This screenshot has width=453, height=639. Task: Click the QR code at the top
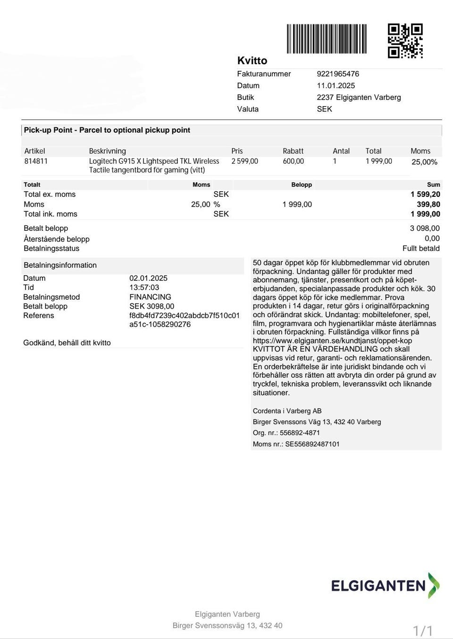pos(405,41)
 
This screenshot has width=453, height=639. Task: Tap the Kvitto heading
pos(252,60)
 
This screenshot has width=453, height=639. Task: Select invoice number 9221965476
pos(338,74)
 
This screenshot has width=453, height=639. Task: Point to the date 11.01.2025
pos(336,85)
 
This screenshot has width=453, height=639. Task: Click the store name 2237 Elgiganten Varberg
pos(359,97)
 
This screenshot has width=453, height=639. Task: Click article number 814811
pos(36,161)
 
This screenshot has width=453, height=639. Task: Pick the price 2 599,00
pos(244,161)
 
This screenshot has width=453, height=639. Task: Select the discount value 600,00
pos(293,161)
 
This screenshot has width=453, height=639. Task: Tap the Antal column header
pos(341,151)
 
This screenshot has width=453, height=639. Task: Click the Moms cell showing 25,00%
pos(424,162)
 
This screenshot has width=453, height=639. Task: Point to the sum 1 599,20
pos(425,194)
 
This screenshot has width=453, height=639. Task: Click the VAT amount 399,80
pos(428,204)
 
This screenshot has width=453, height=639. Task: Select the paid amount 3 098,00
pos(425,228)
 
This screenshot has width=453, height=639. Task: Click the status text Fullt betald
pos(421,248)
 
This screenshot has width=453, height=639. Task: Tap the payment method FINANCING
pos(150,297)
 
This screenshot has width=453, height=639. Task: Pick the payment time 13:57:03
pos(144,287)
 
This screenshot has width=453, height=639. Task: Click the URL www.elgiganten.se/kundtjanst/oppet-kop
pos(332,340)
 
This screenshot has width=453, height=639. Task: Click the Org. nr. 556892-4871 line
pos(286,433)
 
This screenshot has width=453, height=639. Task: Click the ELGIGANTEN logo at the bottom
pos(385,586)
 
